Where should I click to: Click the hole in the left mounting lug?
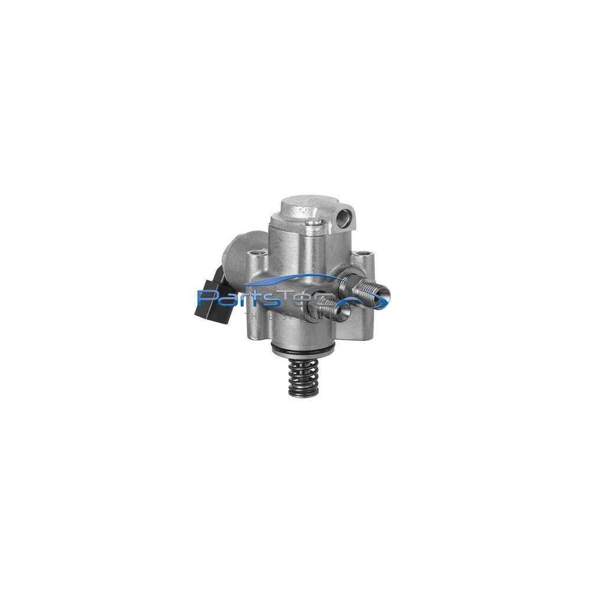point(255,256)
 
